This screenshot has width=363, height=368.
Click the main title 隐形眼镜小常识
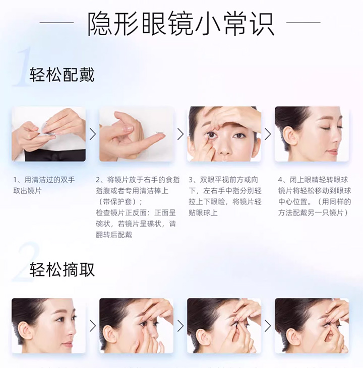(x=181, y=24)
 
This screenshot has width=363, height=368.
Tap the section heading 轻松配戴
(x=62, y=75)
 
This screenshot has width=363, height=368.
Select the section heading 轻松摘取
(x=62, y=269)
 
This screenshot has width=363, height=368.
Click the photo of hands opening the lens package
(x=49, y=134)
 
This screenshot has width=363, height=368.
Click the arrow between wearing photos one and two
(x=93, y=134)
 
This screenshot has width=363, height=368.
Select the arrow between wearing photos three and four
(x=268, y=134)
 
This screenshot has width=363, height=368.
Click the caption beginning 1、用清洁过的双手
(x=44, y=185)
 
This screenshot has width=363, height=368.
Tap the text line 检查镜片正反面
(x=136, y=212)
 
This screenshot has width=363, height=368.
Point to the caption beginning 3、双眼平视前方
(x=225, y=196)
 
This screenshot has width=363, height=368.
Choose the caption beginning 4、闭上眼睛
(x=315, y=196)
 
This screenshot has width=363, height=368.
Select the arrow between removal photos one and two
(x=93, y=326)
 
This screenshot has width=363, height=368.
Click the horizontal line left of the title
(x=56, y=23)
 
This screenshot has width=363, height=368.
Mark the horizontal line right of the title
(x=304, y=23)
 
